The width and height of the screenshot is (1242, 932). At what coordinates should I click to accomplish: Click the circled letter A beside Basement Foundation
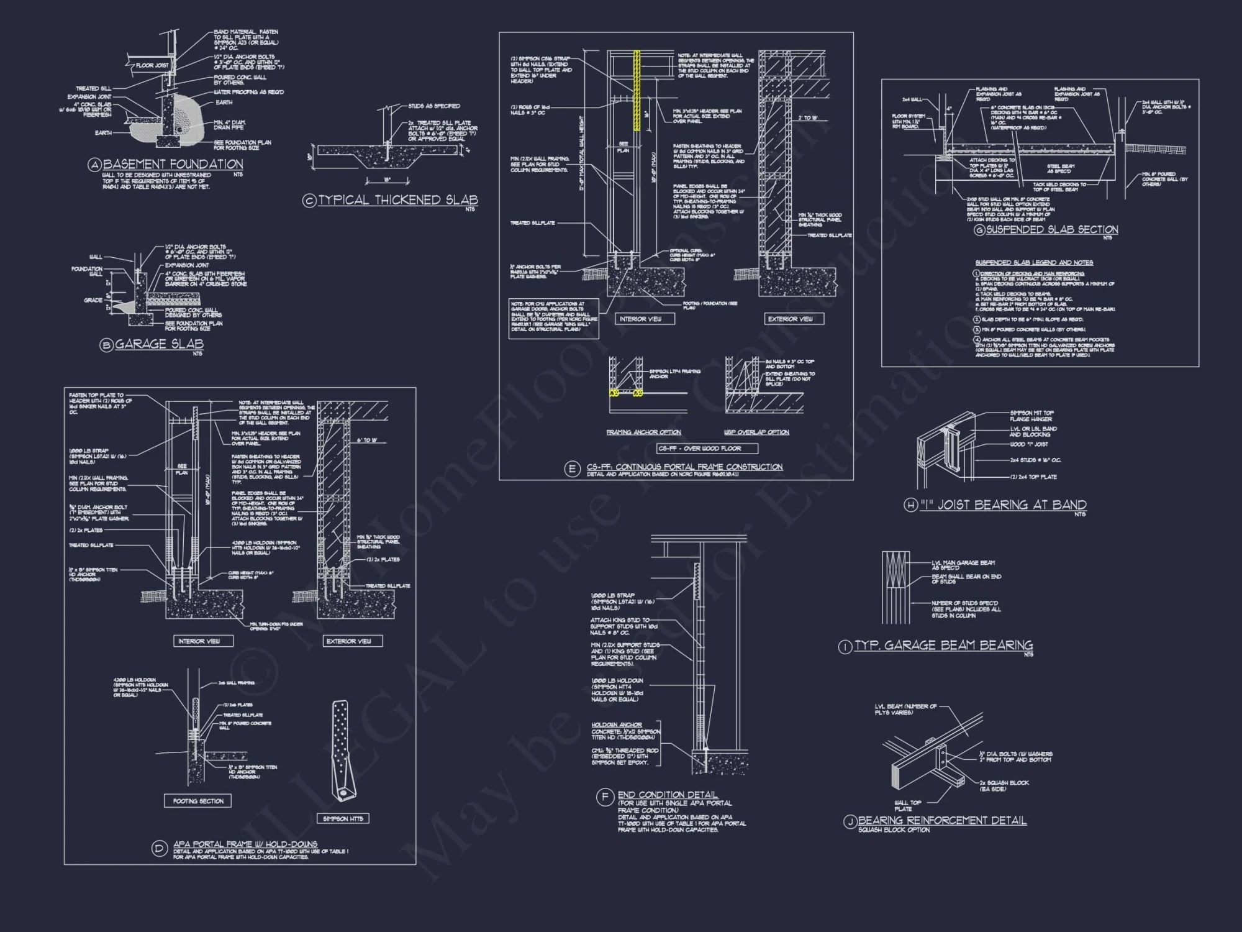coord(94,165)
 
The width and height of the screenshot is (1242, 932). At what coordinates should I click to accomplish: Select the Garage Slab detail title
coord(159,344)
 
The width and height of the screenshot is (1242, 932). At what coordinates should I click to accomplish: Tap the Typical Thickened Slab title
coord(398,200)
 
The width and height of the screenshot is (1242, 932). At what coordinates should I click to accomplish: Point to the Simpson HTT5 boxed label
coord(343,818)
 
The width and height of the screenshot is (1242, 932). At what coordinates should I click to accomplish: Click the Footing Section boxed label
coord(198,801)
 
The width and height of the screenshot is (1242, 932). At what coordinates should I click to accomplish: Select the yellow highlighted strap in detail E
coord(637,90)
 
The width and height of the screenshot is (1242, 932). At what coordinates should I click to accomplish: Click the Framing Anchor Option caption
coord(643,432)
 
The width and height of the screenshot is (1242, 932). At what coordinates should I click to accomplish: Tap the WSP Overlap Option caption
coord(756,432)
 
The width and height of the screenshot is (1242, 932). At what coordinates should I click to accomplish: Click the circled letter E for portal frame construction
coord(573,469)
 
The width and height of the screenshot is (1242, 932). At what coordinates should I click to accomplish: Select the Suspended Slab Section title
coord(1052,229)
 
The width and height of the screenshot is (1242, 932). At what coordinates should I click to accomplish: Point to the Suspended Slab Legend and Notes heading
coord(1034,263)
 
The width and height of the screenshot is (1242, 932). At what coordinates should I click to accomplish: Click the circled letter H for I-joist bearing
coord(910,505)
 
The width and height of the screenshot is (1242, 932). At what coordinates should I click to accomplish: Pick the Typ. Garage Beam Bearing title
coord(943,646)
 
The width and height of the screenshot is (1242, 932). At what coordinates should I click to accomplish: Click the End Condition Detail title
coord(668,795)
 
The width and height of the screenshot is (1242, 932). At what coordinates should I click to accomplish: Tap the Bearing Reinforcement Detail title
coord(942,821)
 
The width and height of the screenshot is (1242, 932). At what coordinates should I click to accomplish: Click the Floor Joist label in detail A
coord(152,65)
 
